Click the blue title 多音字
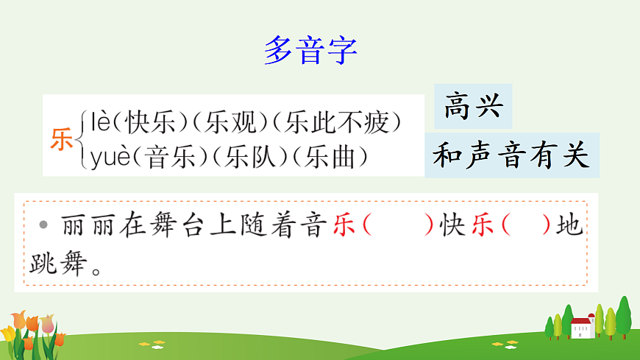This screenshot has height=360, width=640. pyautogui.click(x=310, y=50)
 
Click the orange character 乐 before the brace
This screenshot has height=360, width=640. pyautogui.click(x=62, y=138)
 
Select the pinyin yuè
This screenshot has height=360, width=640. pyautogui.click(x=110, y=158)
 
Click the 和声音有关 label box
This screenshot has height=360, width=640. pyautogui.click(x=512, y=155)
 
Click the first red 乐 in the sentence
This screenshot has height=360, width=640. pyautogui.click(x=344, y=225)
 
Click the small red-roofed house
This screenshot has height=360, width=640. pyautogui.click(x=582, y=328)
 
